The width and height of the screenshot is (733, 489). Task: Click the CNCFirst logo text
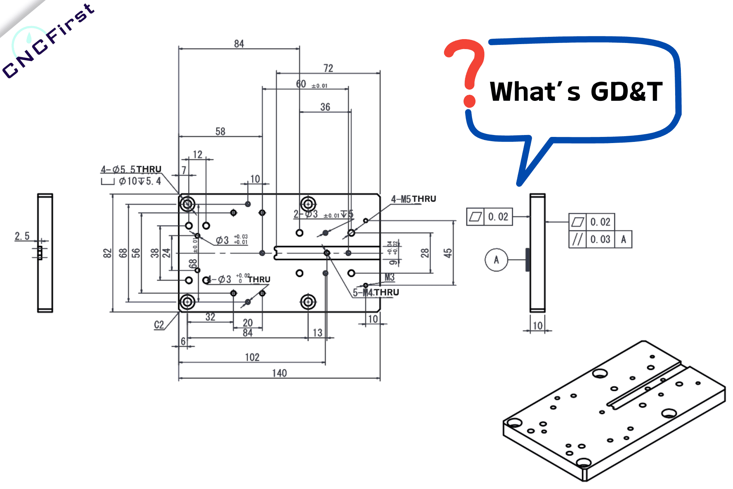pos(48,40)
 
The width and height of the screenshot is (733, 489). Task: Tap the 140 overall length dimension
pos(279,373)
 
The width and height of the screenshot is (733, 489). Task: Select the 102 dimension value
pos(252,357)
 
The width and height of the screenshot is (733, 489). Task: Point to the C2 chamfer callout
pos(159,325)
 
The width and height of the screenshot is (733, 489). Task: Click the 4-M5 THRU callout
pos(413,199)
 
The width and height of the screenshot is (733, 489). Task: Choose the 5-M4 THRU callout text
pos(376,293)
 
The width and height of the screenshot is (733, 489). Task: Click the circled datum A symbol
pos(496,260)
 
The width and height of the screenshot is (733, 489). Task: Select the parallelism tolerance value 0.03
pos(600,240)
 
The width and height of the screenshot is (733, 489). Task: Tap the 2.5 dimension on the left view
pos(22,236)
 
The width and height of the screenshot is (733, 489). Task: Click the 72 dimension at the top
pos(328,68)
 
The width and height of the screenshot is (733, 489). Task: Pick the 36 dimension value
pos(325,107)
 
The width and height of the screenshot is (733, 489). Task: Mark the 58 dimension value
pos(220,132)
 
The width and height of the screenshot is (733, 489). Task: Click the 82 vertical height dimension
pos(107,253)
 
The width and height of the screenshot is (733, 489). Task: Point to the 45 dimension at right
pos(448,253)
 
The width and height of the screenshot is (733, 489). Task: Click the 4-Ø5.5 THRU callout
pos(131,169)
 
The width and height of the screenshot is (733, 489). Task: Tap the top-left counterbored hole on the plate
pos(187,204)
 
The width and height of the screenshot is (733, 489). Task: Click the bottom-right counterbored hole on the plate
pos(308,302)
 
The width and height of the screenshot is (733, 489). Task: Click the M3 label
pos(389,277)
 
